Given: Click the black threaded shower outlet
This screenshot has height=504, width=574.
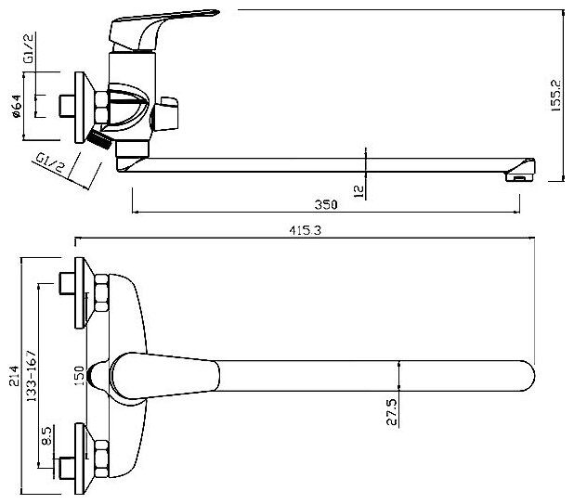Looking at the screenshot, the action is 97,139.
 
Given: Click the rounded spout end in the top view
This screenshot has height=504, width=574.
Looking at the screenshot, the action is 520,375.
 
